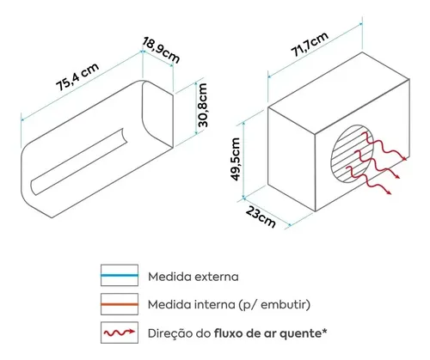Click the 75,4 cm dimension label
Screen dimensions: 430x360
(77, 76)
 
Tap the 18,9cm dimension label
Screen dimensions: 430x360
(161, 50)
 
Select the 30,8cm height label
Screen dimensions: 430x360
(203, 105)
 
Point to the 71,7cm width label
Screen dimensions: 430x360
(310, 44)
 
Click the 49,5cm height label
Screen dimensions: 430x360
(236, 159)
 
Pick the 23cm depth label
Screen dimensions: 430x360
(261, 217)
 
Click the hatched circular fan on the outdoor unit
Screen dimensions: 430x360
(353, 154)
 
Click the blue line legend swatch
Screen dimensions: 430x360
(120, 275)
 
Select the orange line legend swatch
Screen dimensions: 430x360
(120, 304)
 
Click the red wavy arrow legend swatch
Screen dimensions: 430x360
(120, 333)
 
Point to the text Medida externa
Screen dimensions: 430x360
(193, 277)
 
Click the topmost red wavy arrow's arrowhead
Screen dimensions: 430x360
(404, 158)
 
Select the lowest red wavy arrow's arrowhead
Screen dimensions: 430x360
(389, 192)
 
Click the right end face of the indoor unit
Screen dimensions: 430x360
(158, 113)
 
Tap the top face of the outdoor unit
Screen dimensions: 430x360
(339, 92)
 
